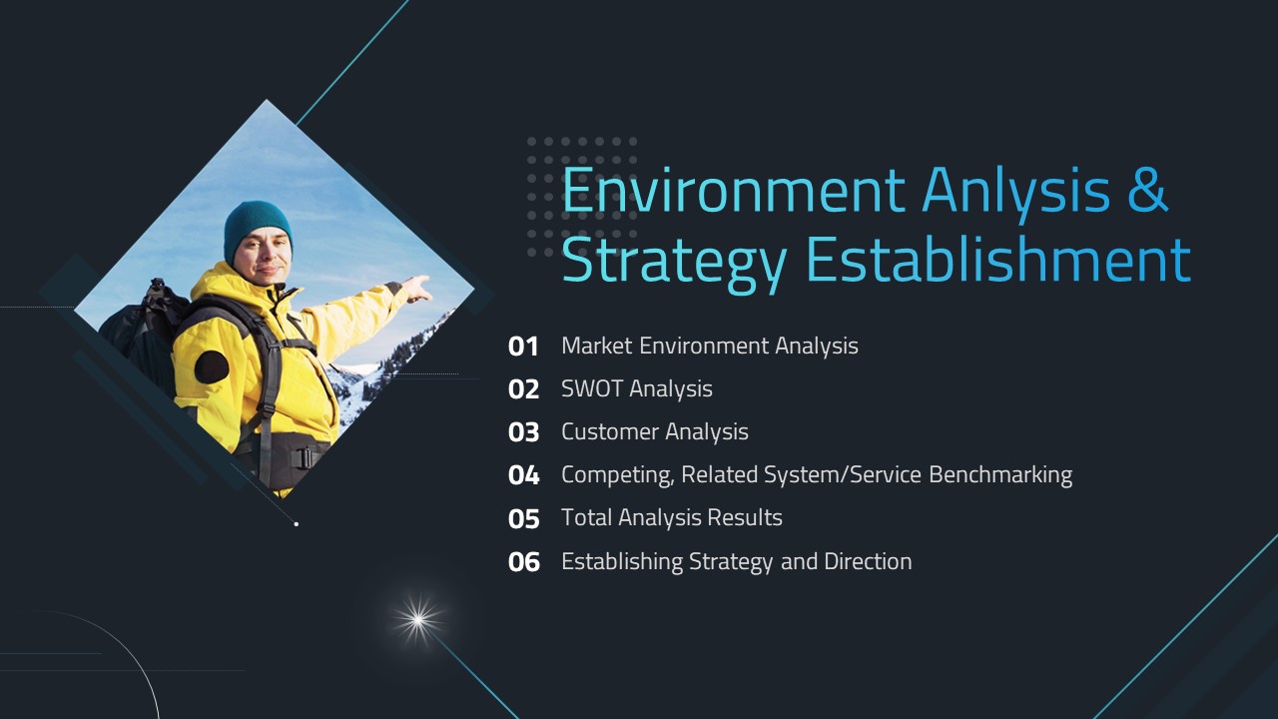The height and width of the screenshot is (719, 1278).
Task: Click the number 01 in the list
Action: tap(522, 347)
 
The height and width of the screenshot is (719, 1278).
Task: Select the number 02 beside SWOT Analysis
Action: tap(523, 389)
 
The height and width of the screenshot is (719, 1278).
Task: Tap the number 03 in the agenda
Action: tap(523, 432)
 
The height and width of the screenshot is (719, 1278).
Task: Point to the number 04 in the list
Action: tap(523, 475)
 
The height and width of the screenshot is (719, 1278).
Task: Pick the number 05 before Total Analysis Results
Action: tap(523, 518)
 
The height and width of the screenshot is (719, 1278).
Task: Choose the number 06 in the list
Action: tap(523, 562)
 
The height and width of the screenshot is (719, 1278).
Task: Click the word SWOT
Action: tap(592, 388)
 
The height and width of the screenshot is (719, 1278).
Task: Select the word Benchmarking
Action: tap(1000, 474)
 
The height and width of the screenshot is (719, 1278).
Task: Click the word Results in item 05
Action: tap(745, 517)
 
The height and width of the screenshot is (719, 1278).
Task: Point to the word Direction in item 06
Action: tap(868, 561)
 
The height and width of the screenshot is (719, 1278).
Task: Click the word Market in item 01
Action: tap(596, 346)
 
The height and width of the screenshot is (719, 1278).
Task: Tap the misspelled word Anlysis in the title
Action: tap(1015, 192)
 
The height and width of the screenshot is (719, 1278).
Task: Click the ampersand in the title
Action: tap(1147, 190)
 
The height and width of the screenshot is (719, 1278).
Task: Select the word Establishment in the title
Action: tap(998, 260)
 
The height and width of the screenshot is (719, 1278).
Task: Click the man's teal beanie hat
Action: tap(258, 229)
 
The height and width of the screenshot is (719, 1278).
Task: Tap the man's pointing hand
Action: tap(417, 289)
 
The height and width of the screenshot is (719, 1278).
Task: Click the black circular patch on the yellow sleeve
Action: tap(212, 366)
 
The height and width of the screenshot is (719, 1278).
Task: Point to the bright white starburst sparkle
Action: tap(418, 620)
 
